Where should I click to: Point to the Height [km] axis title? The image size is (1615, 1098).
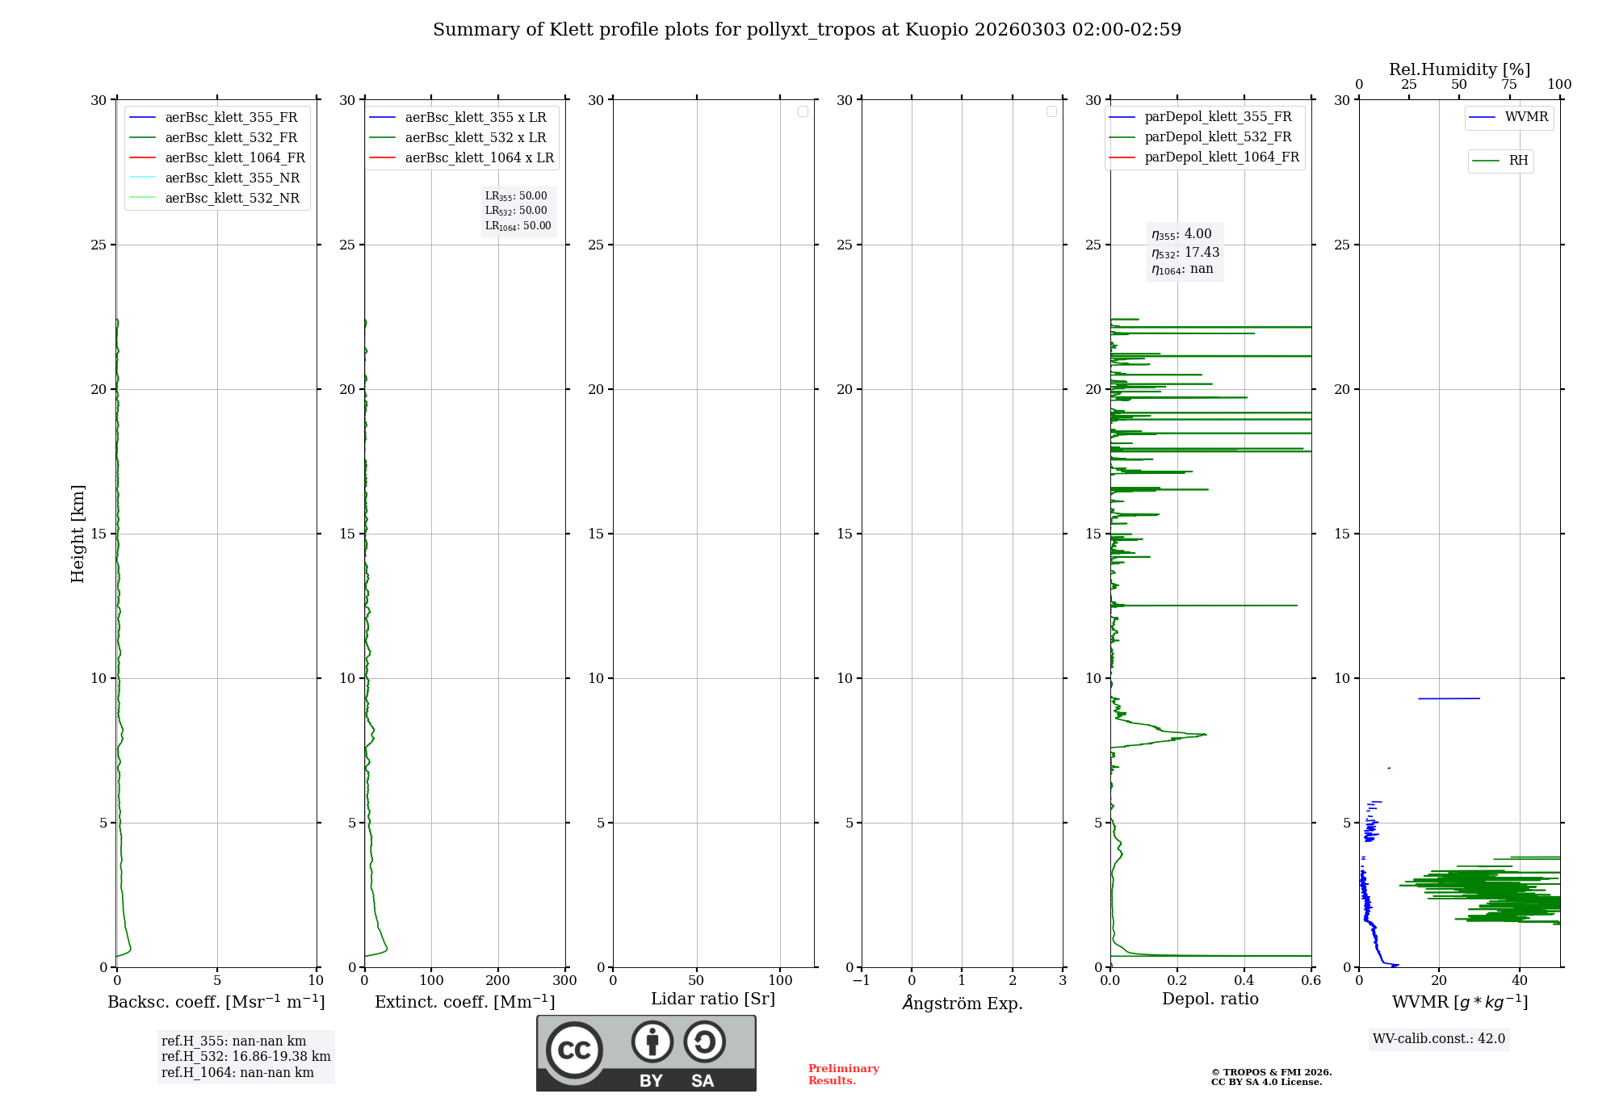pos(78,534)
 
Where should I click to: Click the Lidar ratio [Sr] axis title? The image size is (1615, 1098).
pos(713,1000)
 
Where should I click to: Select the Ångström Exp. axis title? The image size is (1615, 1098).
pos(963,1004)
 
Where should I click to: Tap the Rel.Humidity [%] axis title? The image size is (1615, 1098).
pos(1459,69)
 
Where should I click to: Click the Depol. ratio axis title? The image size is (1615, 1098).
pos(1210,1000)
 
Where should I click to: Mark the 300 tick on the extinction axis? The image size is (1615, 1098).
pos(565,981)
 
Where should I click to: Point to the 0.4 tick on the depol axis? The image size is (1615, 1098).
pos(1244,981)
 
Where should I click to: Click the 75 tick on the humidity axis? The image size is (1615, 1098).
pos(1508,85)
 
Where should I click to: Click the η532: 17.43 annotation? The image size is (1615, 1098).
pos(1185,253)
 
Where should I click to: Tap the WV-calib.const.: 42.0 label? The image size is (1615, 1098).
pos(1439,1039)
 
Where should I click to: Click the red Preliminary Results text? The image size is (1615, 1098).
pos(843,1075)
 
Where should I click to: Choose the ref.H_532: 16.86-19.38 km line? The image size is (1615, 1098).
pos(245,1057)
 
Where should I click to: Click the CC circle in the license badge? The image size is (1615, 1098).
pos(574,1050)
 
